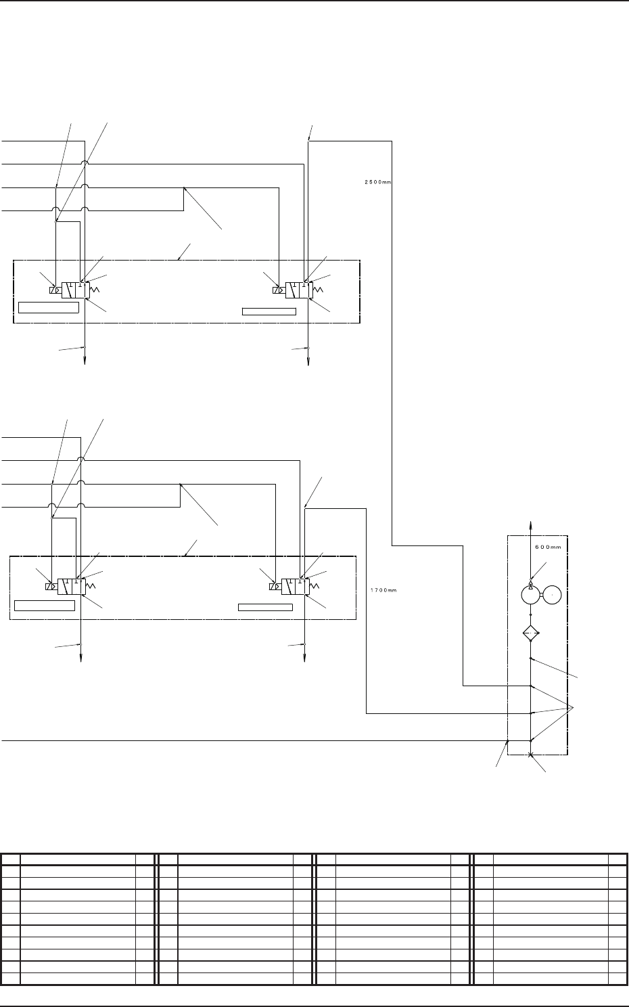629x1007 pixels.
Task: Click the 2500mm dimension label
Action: tap(374, 181)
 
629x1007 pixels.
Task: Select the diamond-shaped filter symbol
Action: tap(531, 635)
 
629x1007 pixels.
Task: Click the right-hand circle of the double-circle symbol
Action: tap(552, 594)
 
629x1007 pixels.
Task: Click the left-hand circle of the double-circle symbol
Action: tap(531, 594)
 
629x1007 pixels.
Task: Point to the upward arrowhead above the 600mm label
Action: tap(531, 524)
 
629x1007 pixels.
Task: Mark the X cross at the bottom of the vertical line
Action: tap(531, 755)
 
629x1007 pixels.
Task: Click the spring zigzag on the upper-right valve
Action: tap(317, 290)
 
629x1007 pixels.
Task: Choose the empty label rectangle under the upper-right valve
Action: tap(269, 311)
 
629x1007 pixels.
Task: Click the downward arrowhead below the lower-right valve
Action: tap(305, 657)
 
